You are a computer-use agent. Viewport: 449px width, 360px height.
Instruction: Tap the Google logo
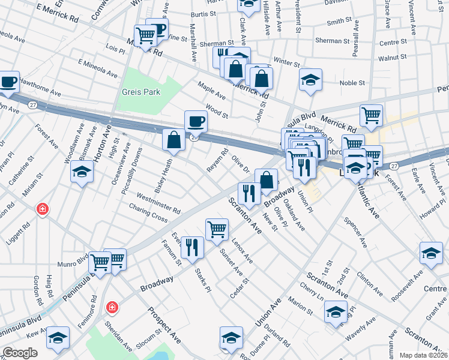[19, 353]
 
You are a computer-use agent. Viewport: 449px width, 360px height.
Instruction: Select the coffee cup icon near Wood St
[196, 122]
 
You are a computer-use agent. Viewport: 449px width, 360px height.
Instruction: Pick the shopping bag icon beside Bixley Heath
[173, 140]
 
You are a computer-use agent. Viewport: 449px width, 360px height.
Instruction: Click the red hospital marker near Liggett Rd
[42, 209]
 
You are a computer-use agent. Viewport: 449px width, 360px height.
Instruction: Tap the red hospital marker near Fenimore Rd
[112, 308]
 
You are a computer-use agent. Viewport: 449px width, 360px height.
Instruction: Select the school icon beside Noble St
[310, 79]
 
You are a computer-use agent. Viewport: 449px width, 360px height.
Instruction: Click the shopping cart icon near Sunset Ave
[217, 229]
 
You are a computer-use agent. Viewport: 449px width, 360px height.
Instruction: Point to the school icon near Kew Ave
[59, 338]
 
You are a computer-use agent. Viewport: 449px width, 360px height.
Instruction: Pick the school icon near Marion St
[336, 311]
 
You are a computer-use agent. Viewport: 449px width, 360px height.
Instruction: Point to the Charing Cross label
[148, 212]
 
